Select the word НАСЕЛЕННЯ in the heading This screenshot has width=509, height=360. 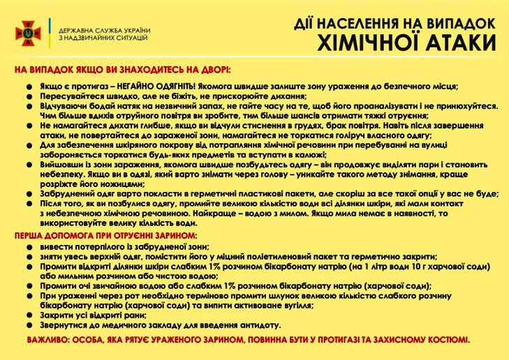(x=357, y=23)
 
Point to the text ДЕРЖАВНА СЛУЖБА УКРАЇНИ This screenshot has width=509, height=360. (x=104, y=31)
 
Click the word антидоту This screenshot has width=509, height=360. (x=259, y=325)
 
